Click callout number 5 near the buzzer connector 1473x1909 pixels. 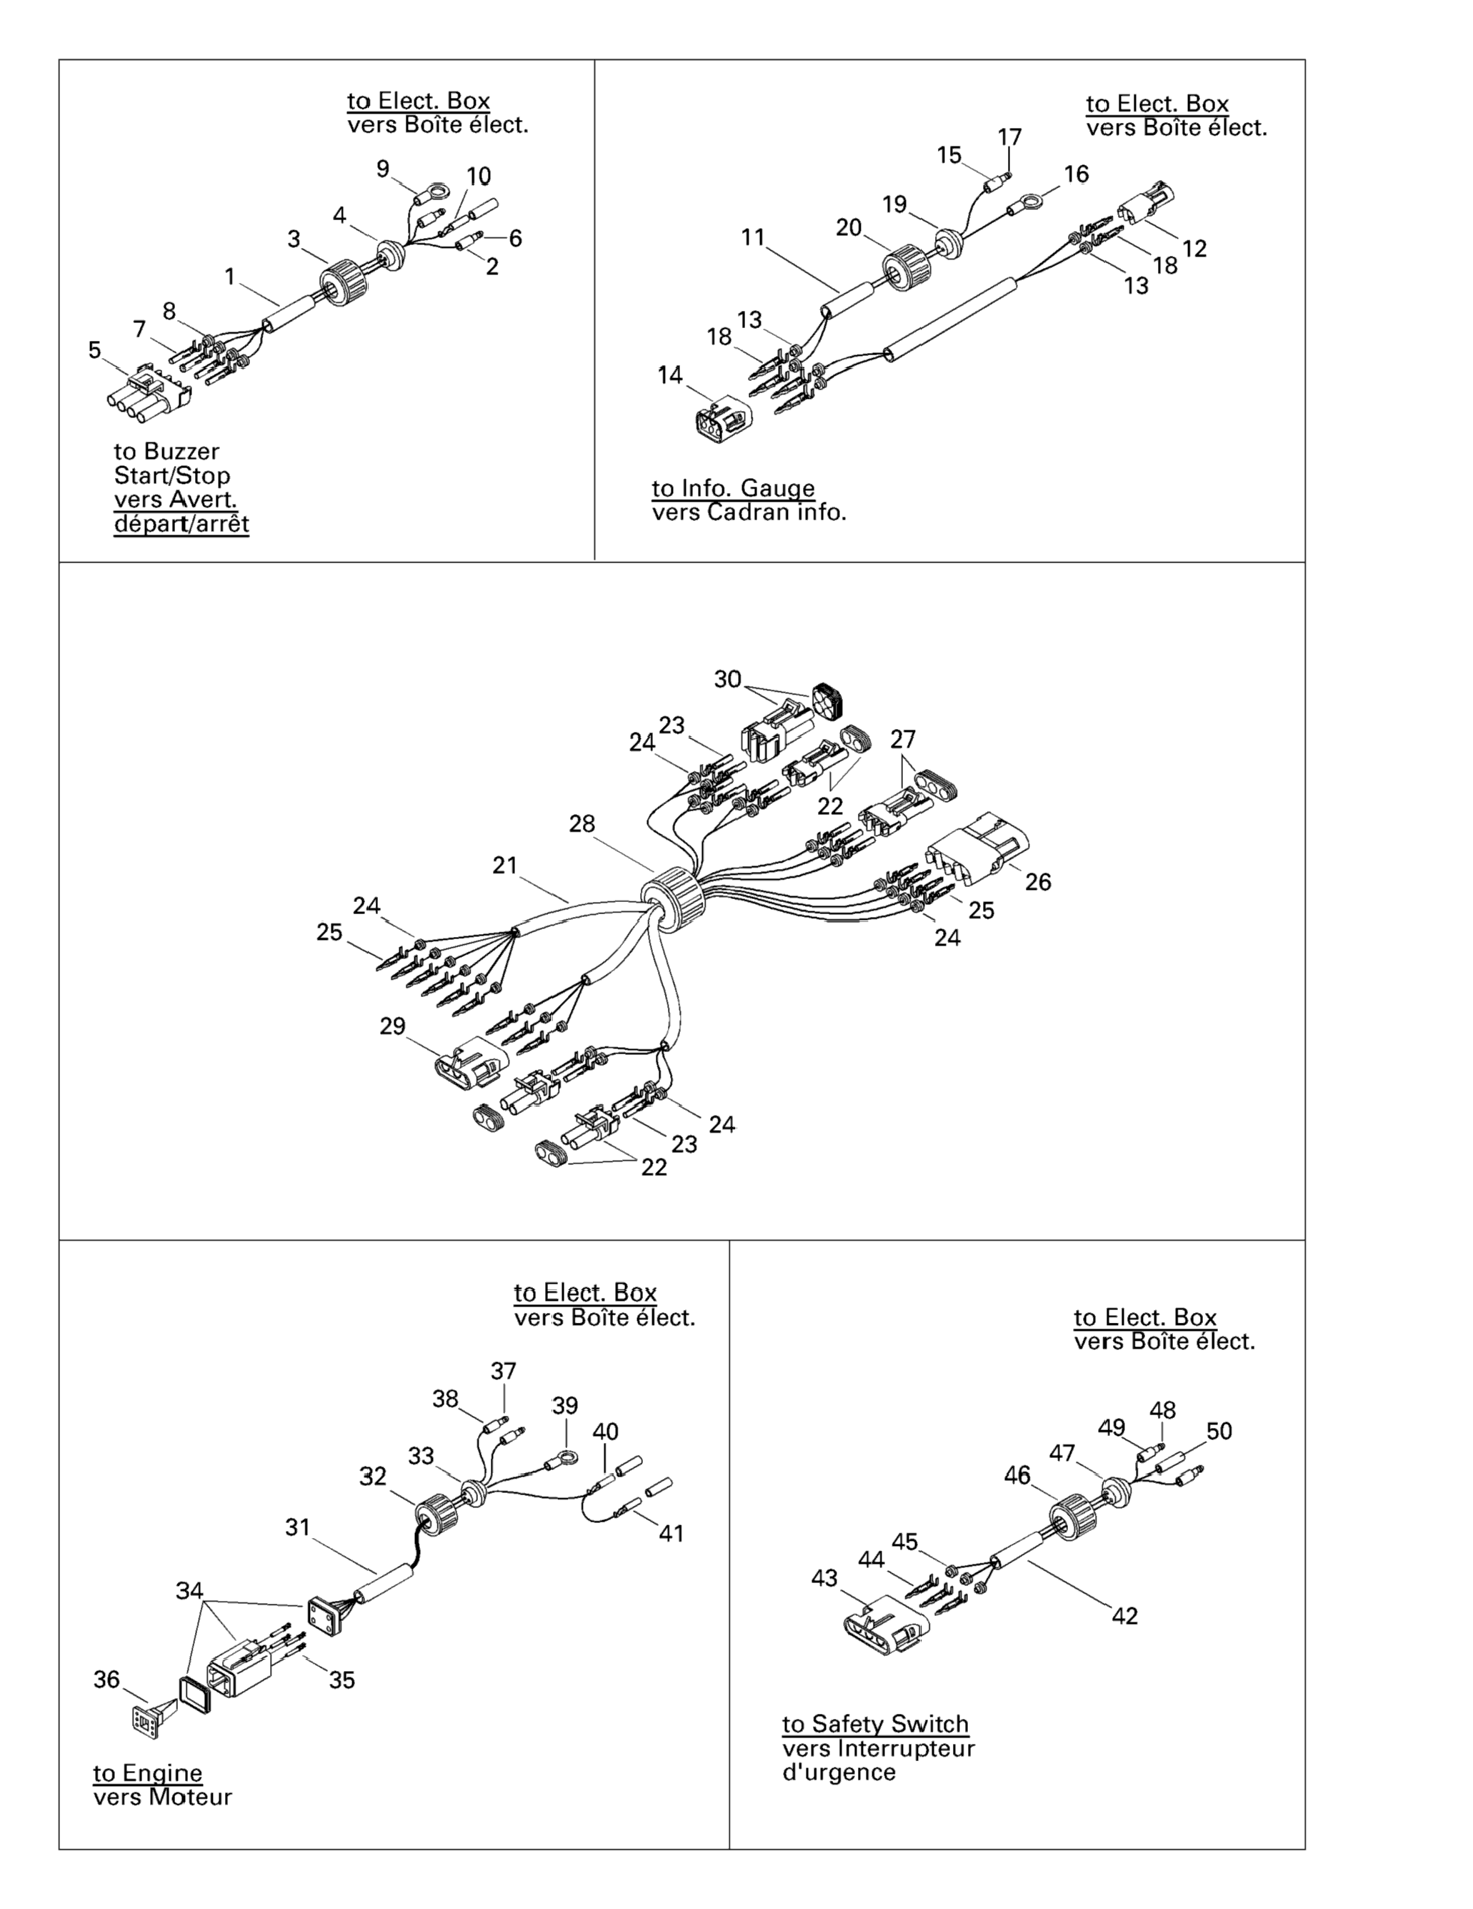click(x=94, y=350)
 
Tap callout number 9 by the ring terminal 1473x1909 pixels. click(x=383, y=169)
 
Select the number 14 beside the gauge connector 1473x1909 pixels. click(x=670, y=375)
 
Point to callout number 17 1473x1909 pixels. click(x=1009, y=137)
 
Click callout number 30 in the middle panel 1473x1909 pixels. click(x=727, y=679)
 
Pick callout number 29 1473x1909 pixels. click(x=392, y=1026)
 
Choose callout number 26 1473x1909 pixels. click(x=1038, y=882)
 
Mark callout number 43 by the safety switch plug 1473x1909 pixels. click(x=824, y=1577)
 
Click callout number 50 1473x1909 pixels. click(x=1219, y=1431)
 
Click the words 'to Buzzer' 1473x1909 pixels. click(x=166, y=451)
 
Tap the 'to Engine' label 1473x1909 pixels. click(x=148, y=1772)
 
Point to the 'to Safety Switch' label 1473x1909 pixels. click(x=874, y=1724)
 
